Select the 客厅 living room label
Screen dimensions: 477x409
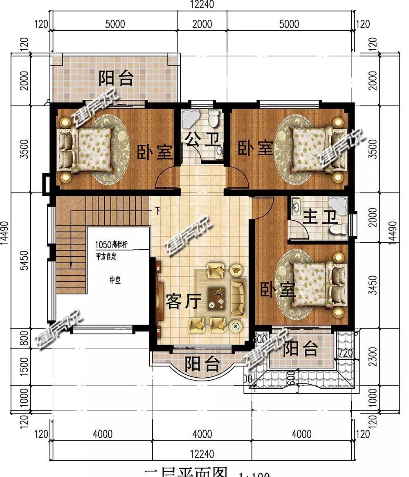click(x=184, y=302)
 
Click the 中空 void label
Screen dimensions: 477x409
click(x=115, y=280)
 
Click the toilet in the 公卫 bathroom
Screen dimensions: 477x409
click(x=213, y=119)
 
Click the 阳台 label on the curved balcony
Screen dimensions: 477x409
click(x=202, y=363)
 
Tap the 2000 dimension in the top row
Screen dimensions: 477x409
click(x=202, y=24)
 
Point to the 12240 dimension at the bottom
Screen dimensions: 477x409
click(x=202, y=454)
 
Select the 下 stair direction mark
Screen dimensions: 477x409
click(x=157, y=211)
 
